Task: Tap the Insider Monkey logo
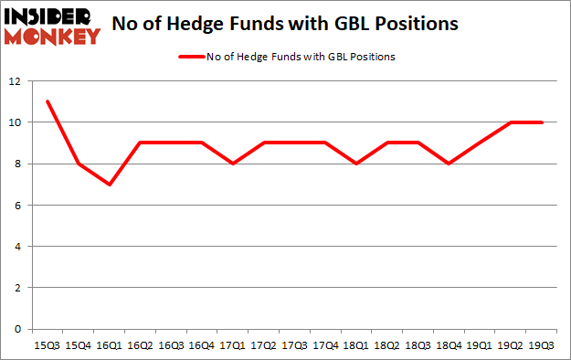coord(52,25)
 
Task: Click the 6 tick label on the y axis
coord(18,206)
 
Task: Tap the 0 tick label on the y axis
coord(18,329)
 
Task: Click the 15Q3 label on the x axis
coord(46,344)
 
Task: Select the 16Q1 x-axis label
coord(109,344)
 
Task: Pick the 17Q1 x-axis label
coord(233,344)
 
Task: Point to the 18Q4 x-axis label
coord(449,344)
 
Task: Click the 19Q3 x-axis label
coord(543,344)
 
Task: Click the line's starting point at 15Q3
coord(47,101)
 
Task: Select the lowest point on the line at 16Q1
coord(109,184)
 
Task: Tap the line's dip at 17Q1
coord(233,164)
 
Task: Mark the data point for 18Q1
coord(356,164)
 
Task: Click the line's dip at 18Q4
coord(449,164)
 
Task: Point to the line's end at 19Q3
coord(543,122)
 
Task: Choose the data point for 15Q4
coord(78,164)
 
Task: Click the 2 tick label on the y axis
coord(18,288)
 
